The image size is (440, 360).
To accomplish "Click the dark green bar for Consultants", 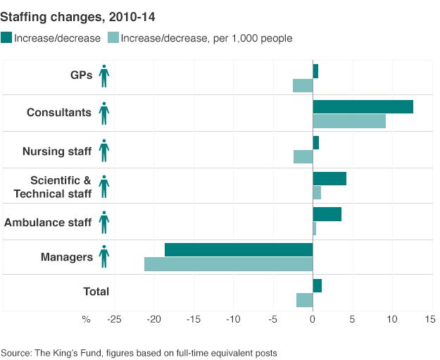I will (363, 106).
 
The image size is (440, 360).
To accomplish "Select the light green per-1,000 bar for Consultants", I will (349, 120).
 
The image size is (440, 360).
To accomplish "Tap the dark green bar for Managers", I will (239, 249).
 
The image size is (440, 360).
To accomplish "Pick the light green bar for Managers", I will (228, 264).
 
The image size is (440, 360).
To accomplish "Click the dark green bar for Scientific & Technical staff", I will (329, 178).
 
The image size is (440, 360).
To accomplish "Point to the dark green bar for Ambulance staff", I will (327, 214).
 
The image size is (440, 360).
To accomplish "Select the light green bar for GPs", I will (303, 85).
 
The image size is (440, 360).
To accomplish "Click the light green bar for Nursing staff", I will (303, 156).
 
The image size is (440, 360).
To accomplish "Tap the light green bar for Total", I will (304, 300).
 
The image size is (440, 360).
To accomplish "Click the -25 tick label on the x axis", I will (114, 319).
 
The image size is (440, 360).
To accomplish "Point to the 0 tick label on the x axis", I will (313, 319).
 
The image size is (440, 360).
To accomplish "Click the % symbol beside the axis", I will (86, 319).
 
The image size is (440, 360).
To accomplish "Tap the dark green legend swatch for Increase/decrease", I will (7, 38).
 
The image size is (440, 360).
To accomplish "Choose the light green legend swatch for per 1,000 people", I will (112, 38).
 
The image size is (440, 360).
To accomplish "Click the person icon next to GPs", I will (104, 75).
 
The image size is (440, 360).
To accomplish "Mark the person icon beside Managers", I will (104, 256).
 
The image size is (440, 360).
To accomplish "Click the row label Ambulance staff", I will (48, 223).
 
